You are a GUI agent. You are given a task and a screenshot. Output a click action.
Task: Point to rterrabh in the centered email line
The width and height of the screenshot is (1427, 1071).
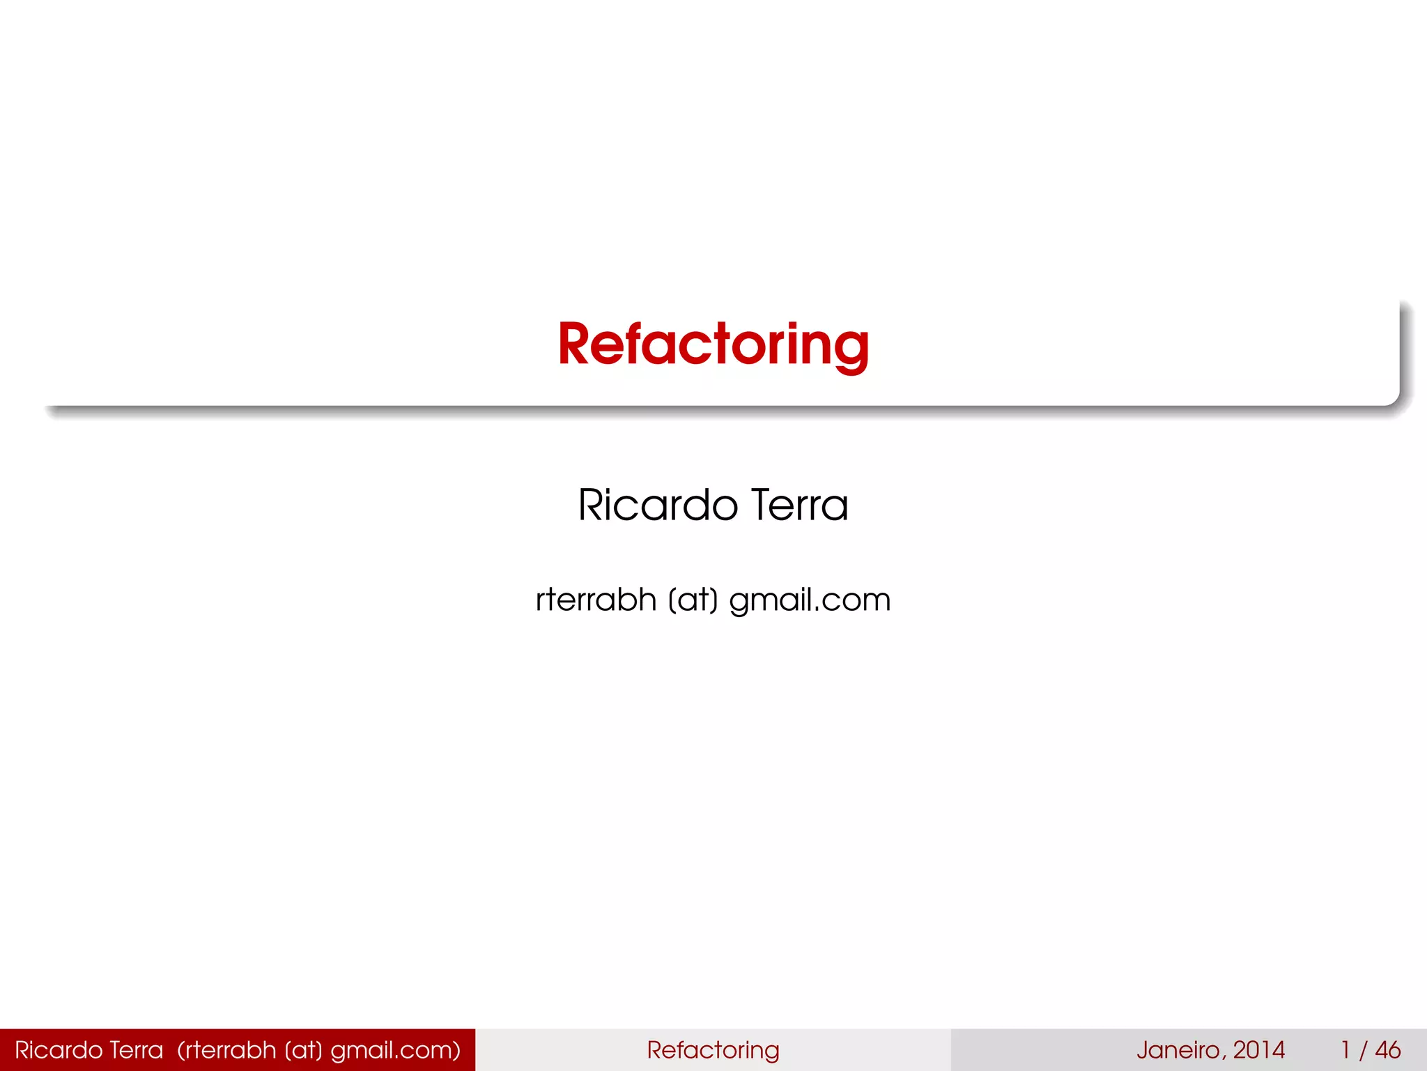[x=596, y=600]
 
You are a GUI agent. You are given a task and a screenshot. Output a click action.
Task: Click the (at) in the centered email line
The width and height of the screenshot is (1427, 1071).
[x=693, y=600]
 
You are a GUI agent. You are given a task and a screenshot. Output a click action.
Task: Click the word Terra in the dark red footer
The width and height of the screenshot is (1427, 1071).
[x=136, y=1050]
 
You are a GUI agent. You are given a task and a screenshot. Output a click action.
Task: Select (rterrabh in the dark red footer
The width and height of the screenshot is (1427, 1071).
[x=226, y=1050]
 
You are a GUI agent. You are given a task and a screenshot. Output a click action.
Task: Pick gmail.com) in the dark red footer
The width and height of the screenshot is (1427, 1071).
[x=395, y=1051]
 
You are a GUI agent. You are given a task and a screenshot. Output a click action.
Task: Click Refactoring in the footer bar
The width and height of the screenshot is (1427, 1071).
[x=713, y=1050]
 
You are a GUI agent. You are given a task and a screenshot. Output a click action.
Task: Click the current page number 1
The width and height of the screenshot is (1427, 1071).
[x=1346, y=1050]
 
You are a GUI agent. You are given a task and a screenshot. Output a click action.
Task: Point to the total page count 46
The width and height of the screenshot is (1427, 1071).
[x=1387, y=1050]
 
